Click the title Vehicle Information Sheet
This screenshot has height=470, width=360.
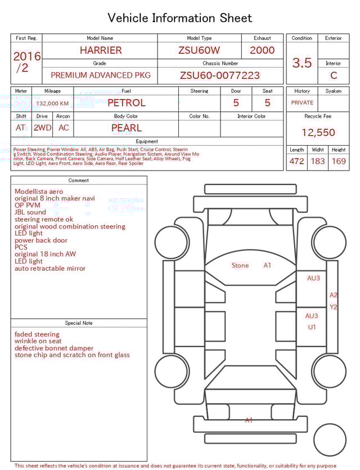pyautogui.click(x=180, y=18)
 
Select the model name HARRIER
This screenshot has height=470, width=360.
pyautogui.click(x=101, y=50)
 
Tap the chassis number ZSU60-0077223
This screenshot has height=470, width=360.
pyautogui.click(x=220, y=75)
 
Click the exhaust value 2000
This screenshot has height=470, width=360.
pyautogui.click(x=262, y=50)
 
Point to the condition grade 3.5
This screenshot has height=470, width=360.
pyautogui.click(x=302, y=63)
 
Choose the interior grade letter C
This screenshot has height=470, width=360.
pyautogui.click(x=334, y=75)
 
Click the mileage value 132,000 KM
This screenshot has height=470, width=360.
pyautogui.click(x=52, y=104)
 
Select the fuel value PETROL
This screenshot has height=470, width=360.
pyautogui.click(x=126, y=102)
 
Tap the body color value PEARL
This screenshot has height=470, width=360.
pyautogui.click(x=126, y=128)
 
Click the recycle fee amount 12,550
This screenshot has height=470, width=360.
pyautogui.click(x=318, y=133)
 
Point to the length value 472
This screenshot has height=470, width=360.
pyautogui.click(x=296, y=162)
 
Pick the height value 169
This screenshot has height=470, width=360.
pyautogui.click(x=339, y=162)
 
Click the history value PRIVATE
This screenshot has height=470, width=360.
pyautogui.click(x=302, y=103)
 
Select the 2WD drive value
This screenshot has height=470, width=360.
pyautogui.click(x=42, y=128)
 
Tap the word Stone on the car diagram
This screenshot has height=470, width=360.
pyautogui.click(x=240, y=266)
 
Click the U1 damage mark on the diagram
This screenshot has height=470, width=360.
pyautogui.click(x=312, y=327)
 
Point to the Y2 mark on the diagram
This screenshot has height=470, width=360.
pyautogui.click(x=334, y=307)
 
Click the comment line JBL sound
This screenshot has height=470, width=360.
pyautogui.click(x=30, y=213)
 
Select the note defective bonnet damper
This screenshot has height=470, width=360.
pyautogui.click(x=54, y=348)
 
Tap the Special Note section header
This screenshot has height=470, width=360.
pyautogui.click(x=79, y=323)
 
